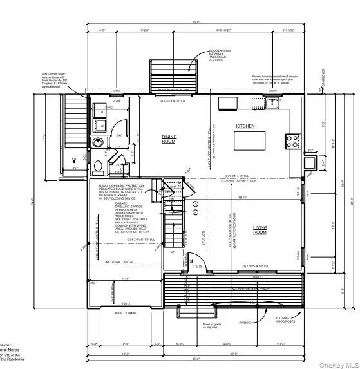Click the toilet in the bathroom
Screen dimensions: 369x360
coord(97,169)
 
